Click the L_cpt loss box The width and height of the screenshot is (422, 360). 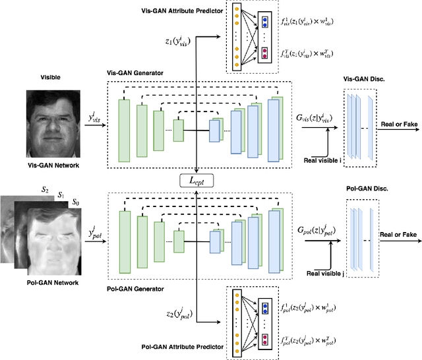click(198, 179)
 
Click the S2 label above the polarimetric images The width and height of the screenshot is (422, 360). click(45, 189)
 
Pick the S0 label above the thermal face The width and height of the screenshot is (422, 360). click(76, 201)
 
